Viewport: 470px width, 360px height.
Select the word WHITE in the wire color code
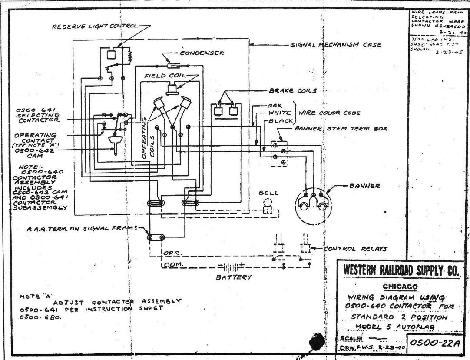click(279, 113)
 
